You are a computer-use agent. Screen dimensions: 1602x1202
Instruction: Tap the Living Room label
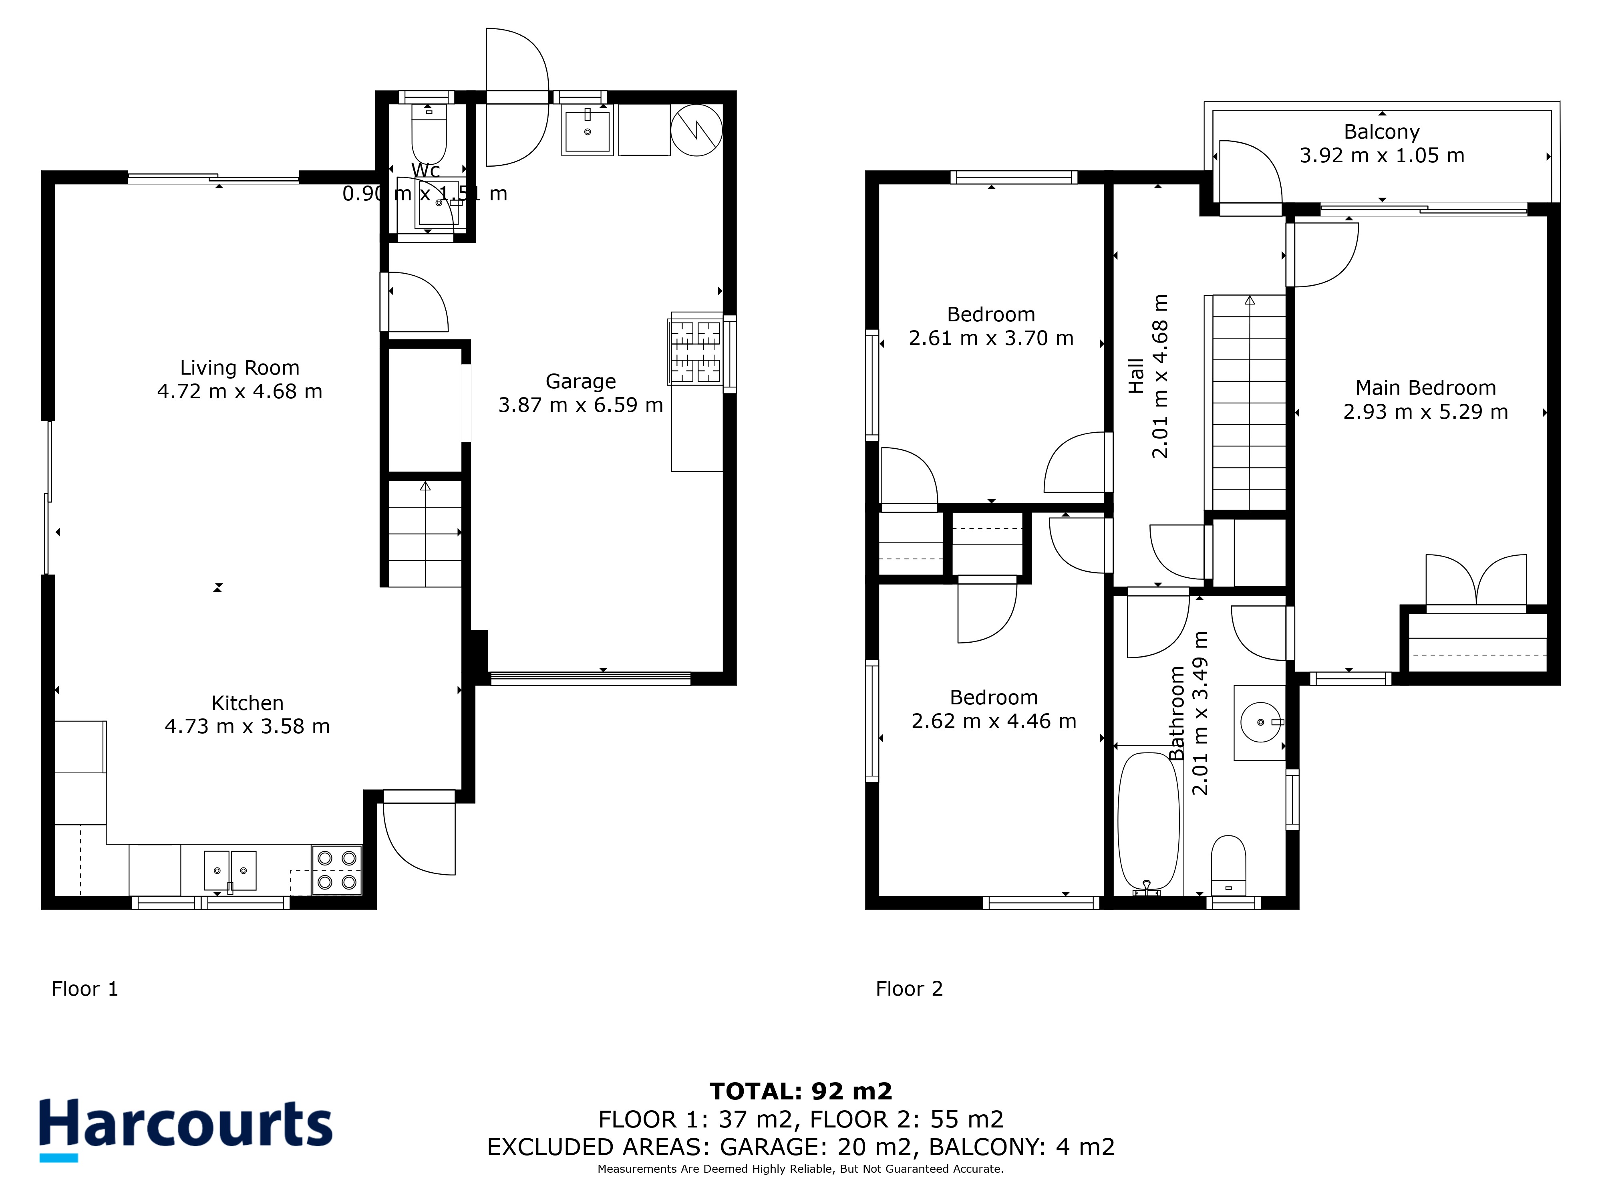pyautogui.click(x=240, y=368)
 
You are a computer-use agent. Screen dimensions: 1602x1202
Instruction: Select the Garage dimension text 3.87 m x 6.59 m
pyautogui.click(x=581, y=405)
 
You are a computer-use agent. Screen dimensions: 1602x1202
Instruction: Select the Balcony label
pyautogui.click(x=1382, y=132)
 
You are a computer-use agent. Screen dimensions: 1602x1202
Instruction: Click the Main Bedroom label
pyautogui.click(x=1425, y=388)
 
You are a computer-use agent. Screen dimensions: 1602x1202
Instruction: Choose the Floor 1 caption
pyautogui.click(x=85, y=989)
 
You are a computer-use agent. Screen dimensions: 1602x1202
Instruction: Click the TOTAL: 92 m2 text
pyautogui.click(x=801, y=1091)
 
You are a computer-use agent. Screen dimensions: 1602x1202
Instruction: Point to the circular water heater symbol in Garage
pyautogui.click(x=696, y=130)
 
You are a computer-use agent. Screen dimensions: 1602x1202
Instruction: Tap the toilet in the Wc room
pyautogui.click(x=429, y=134)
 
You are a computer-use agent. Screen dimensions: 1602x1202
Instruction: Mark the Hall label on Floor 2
pyautogui.click(x=1136, y=376)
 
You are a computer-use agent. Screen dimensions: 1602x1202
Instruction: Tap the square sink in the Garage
pyautogui.click(x=588, y=130)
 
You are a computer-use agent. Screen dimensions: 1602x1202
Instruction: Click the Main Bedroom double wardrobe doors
pyautogui.click(x=1476, y=580)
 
